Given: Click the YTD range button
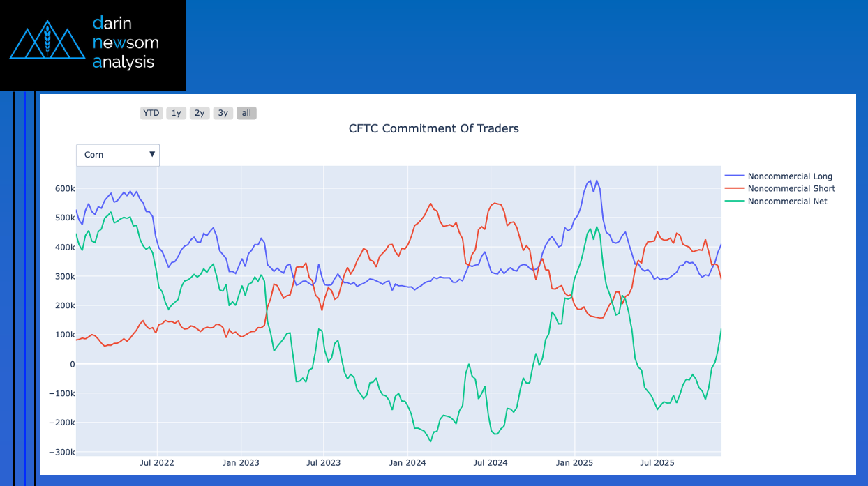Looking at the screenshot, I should pyautogui.click(x=151, y=113).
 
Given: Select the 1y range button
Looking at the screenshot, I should pyautogui.click(x=176, y=113).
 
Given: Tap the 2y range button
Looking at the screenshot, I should pyautogui.click(x=200, y=113).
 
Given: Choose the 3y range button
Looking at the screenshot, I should pyautogui.click(x=223, y=113).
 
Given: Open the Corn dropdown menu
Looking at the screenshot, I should pyautogui.click(x=118, y=155).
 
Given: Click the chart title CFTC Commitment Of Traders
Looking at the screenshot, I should pyautogui.click(x=433, y=128).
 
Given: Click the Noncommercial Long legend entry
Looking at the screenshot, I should pyautogui.click(x=790, y=176).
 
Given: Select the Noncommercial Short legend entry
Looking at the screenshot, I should pyautogui.click(x=791, y=189).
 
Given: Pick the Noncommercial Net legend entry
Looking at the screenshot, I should pyautogui.click(x=787, y=202).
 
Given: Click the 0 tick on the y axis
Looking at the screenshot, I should pyautogui.click(x=71, y=365).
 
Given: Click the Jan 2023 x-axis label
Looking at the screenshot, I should pyautogui.click(x=241, y=463).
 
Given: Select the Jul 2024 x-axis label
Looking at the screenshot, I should pyautogui.click(x=490, y=463).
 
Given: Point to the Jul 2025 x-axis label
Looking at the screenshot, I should pyautogui.click(x=657, y=463).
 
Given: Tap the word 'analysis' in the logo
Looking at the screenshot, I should pyautogui.click(x=124, y=62).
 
